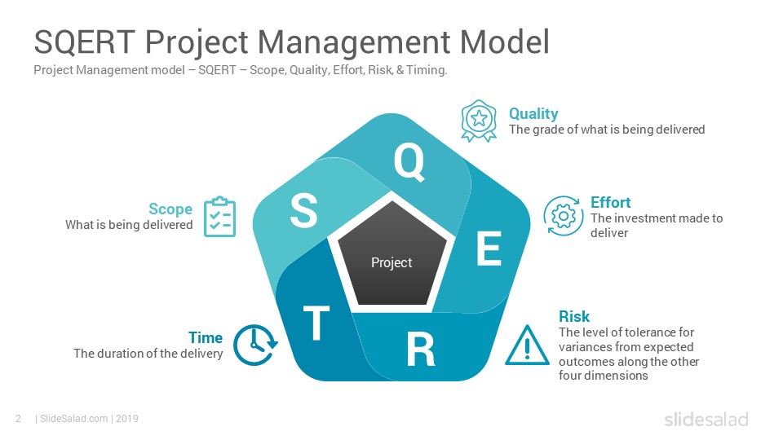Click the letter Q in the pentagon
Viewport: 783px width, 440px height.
[x=409, y=161]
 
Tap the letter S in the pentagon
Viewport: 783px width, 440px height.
[x=303, y=210]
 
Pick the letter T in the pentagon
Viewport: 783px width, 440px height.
[x=316, y=323]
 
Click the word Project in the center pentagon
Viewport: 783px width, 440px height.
[x=391, y=262]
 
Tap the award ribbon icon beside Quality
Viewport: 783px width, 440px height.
[x=479, y=121]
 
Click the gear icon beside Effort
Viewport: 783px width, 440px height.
[x=564, y=216]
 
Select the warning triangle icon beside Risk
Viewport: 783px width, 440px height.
[x=527, y=345]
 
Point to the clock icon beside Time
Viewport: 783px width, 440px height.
[x=255, y=345]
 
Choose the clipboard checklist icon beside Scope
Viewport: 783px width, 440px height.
[x=219, y=217]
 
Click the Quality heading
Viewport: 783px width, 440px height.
[x=533, y=114]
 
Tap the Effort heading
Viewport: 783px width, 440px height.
[x=610, y=203]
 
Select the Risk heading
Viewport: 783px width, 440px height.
[x=573, y=316]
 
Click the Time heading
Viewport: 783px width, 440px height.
[x=206, y=337]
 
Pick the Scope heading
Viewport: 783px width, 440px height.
[x=170, y=209]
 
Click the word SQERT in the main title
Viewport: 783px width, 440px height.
[x=85, y=42]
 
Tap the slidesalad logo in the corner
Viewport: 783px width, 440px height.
[x=706, y=419]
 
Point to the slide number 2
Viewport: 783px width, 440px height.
[x=19, y=419]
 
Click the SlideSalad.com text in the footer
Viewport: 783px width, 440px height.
[x=74, y=419]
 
